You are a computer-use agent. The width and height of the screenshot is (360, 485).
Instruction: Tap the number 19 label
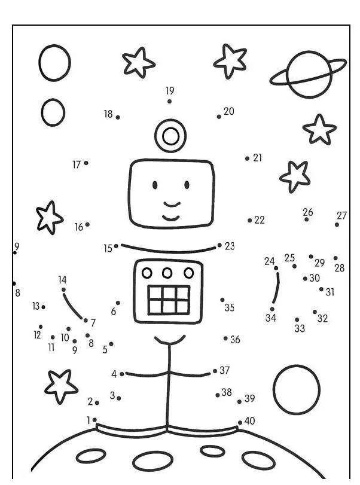pyautogui.click(x=170, y=91)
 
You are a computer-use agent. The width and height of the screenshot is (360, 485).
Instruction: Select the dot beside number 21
pyautogui.click(x=247, y=158)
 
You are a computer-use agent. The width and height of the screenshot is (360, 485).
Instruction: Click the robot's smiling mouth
pyautogui.click(x=172, y=215)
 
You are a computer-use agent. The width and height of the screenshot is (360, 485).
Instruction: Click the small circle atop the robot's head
pyautogui.click(x=170, y=136)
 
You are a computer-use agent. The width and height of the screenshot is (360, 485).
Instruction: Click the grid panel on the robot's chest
pyautogui.click(x=169, y=300)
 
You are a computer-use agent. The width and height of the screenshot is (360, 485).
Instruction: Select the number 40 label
pyautogui.click(x=249, y=421)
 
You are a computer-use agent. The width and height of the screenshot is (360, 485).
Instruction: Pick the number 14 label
pyautogui.click(x=62, y=279)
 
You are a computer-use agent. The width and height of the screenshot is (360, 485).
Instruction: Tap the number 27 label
pyautogui.click(x=341, y=215)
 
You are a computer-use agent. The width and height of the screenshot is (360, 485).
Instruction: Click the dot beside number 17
pyautogui.click(x=86, y=163)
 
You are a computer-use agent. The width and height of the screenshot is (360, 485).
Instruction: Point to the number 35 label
pyautogui.click(x=230, y=308)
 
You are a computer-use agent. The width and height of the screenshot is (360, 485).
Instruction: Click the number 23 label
pyautogui.click(x=230, y=246)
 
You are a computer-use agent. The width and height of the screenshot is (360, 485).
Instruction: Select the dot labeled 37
pyautogui.click(x=215, y=371)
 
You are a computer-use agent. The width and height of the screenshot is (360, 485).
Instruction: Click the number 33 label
pyautogui.click(x=300, y=328)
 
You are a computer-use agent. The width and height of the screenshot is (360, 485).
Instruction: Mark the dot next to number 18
pyautogui.click(x=118, y=117)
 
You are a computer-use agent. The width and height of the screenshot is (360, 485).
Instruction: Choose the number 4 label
pyautogui.click(x=114, y=374)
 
